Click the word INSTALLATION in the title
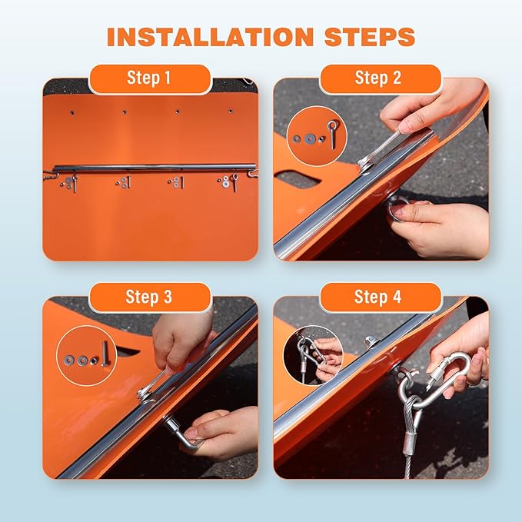tap(210, 36)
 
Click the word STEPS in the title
tap(370, 36)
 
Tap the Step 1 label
tap(149, 78)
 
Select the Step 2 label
tap(378, 78)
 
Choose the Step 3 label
tap(149, 296)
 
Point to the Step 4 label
tap(377, 296)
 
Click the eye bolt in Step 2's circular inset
tap(332, 135)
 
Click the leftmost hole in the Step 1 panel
tap(72, 113)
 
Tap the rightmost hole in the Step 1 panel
tap(231, 111)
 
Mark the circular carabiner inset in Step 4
tap(314, 355)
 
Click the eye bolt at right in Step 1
tap(234, 182)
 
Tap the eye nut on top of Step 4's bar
tap(372, 341)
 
